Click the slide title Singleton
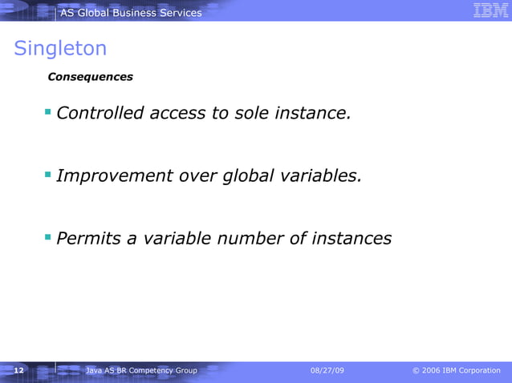60,49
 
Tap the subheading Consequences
91,78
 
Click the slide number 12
19,370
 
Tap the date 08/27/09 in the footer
327,370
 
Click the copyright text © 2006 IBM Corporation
456,370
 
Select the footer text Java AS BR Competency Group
141,370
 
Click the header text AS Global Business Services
131,12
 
